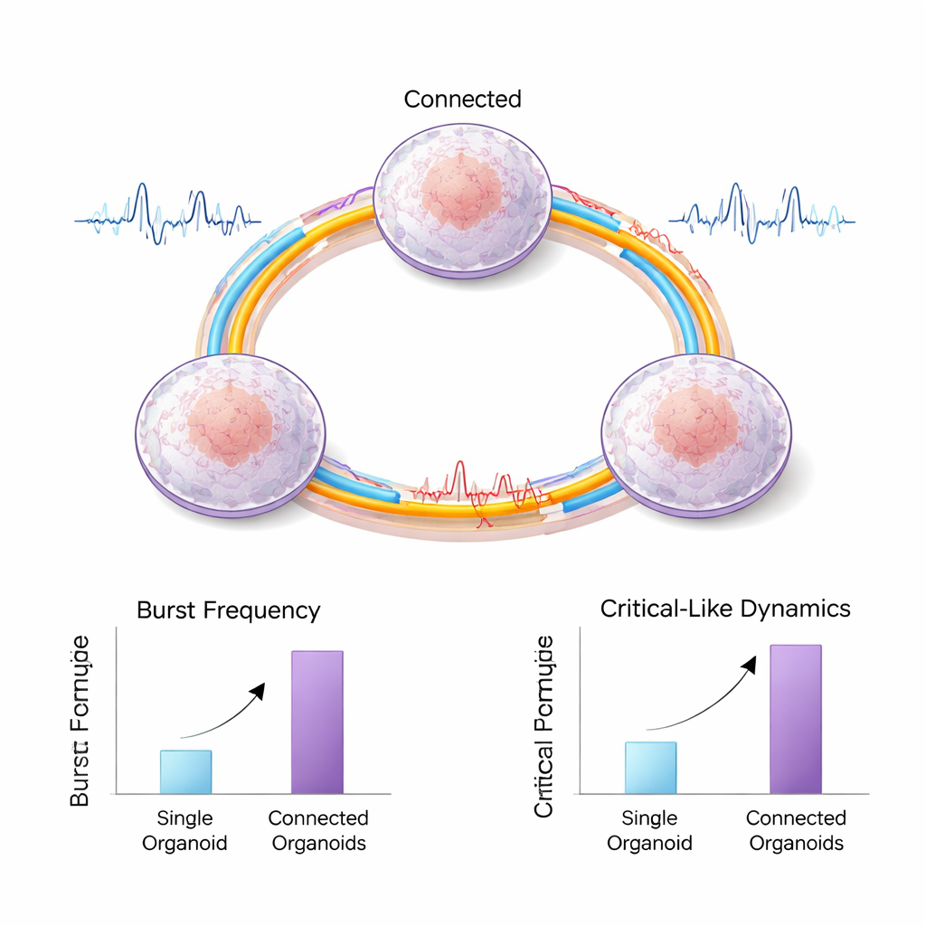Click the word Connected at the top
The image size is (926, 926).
click(x=462, y=99)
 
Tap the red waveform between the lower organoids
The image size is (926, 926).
click(x=470, y=493)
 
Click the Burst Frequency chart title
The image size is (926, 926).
click(x=228, y=610)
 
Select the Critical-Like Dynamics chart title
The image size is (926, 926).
click(x=725, y=609)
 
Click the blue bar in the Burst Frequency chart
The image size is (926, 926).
click(x=185, y=771)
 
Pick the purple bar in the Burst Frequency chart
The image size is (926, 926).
click(x=317, y=722)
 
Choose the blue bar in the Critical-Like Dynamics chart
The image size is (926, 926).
click(x=650, y=767)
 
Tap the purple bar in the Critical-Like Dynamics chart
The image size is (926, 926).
click(x=795, y=719)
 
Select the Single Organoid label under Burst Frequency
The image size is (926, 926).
click(x=184, y=830)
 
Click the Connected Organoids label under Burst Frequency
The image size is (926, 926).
click(x=317, y=830)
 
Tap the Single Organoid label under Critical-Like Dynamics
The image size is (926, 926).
click(x=649, y=830)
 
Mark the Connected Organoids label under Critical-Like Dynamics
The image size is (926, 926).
click(x=796, y=830)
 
